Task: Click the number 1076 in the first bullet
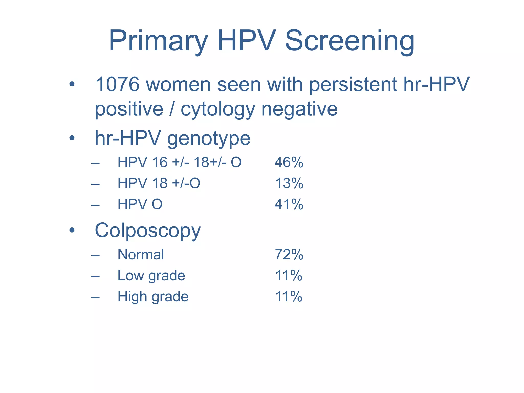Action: [117, 84]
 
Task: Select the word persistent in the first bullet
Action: [353, 84]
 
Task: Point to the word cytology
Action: [218, 109]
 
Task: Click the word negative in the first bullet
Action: [299, 109]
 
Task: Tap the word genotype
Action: [209, 138]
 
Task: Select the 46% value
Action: [289, 162]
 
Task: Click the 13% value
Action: [289, 183]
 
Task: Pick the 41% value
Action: [289, 204]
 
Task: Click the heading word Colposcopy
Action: [148, 230]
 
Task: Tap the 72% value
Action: [289, 255]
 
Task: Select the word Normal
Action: [141, 255]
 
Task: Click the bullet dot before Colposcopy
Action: [72, 230]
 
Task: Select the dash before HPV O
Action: [95, 205]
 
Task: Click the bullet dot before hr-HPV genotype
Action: [72, 138]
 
